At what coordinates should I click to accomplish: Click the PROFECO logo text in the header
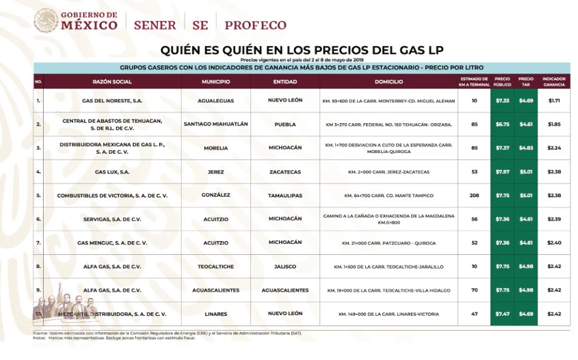point(255,25)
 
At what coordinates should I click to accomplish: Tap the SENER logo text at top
point(154,25)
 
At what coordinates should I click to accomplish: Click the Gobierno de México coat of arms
point(46,20)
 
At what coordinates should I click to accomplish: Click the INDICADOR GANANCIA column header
point(553,81)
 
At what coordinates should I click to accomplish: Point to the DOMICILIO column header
point(389,81)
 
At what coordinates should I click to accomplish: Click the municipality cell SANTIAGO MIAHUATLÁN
point(216,124)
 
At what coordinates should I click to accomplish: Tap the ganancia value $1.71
point(553,100)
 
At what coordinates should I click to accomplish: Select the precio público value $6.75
point(503,124)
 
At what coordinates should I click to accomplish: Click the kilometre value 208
point(474,196)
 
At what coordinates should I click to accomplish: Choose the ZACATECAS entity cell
point(285,172)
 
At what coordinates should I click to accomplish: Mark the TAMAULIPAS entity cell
point(285,196)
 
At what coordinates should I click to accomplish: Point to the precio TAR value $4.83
point(526,148)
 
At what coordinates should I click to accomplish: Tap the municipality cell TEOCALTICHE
point(216,266)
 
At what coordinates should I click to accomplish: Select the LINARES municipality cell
point(216,313)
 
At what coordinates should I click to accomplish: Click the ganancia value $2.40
point(553,243)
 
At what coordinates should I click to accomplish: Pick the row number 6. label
point(38,219)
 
